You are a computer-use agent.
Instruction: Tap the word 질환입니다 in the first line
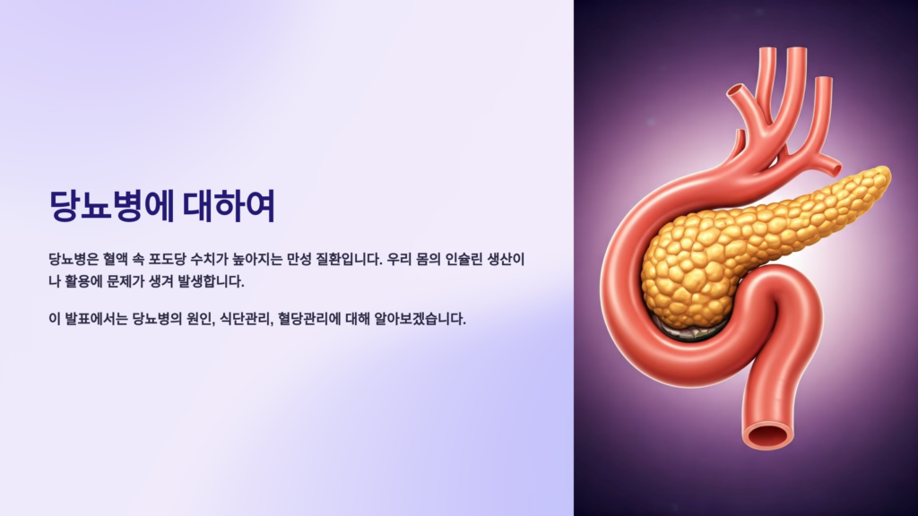[x=342, y=260]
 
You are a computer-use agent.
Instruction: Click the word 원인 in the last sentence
[x=193, y=319]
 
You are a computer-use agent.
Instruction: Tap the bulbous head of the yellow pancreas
[x=686, y=269]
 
